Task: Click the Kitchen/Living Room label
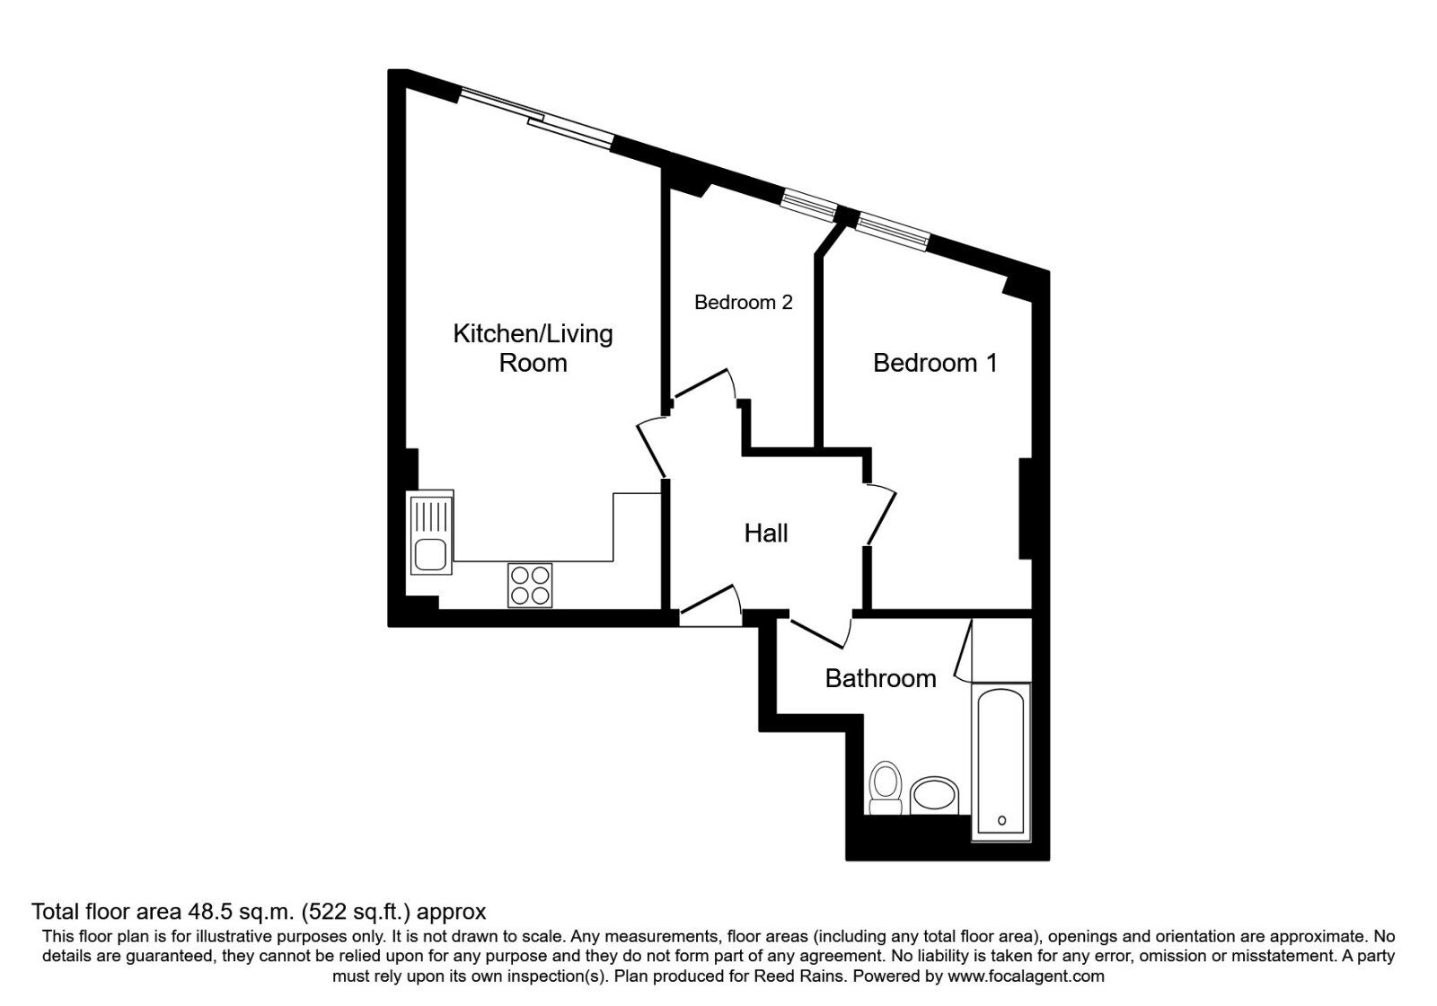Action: tap(533, 349)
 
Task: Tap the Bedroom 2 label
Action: tap(744, 302)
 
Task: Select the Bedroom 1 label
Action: tap(935, 363)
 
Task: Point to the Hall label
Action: tap(766, 534)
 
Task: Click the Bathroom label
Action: tap(880, 679)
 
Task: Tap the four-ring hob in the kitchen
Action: tap(530, 585)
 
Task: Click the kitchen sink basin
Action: tap(430, 555)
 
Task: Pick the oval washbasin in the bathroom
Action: tap(934, 796)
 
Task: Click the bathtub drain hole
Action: tap(1002, 821)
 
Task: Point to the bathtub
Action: tap(1001, 763)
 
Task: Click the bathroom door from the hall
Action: tap(817, 632)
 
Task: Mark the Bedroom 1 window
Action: tap(893, 233)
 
